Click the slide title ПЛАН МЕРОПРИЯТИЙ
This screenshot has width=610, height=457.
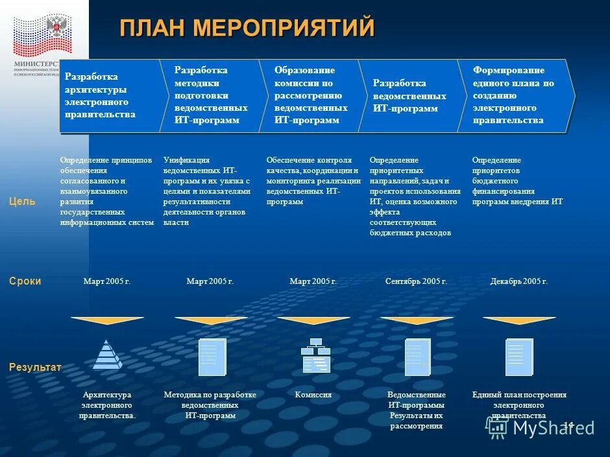click(x=247, y=28)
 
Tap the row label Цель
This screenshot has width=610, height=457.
click(x=22, y=202)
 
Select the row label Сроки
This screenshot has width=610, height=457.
click(x=25, y=281)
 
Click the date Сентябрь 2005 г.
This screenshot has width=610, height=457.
click(x=416, y=281)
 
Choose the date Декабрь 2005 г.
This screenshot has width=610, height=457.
click(x=519, y=281)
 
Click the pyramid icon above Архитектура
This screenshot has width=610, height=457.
click(x=107, y=355)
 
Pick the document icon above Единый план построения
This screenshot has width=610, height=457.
click(x=519, y=357)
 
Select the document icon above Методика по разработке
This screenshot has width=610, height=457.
click(x=212, y=357)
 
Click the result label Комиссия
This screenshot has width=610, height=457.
click(x=313, y=395)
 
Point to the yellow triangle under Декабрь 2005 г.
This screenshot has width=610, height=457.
click(x=519, y=320)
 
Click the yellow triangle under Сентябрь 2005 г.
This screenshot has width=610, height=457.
click(x=416, y=320)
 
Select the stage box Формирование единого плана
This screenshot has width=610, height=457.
click(x=516, y=95)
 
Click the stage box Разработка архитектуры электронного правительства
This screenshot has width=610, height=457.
click(x=107, y=96)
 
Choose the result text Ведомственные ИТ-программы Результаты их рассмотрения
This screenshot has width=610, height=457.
click(x=416, y=410)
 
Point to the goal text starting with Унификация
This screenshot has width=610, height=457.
click(x=207, y=191)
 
